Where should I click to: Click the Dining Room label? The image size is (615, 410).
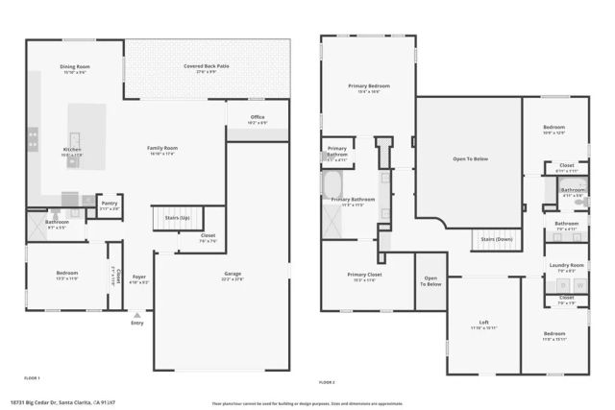tap(74, 67)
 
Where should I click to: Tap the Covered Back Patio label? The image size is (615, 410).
tap(207, 66)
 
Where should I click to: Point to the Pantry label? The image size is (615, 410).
tap(110, 203)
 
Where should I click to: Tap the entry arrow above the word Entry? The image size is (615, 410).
tap(137, 314)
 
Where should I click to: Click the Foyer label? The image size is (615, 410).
tap(139, 279)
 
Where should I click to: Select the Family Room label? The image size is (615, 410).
tap(162, 148)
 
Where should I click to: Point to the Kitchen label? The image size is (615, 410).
tap(72, 150)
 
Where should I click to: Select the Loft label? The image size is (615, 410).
tap(484, 323)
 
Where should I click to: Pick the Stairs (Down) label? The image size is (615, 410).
tap(496, 238)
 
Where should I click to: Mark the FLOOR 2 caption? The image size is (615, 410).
tap(330, 381)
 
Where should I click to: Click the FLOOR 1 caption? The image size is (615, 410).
tap(32, 380)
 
